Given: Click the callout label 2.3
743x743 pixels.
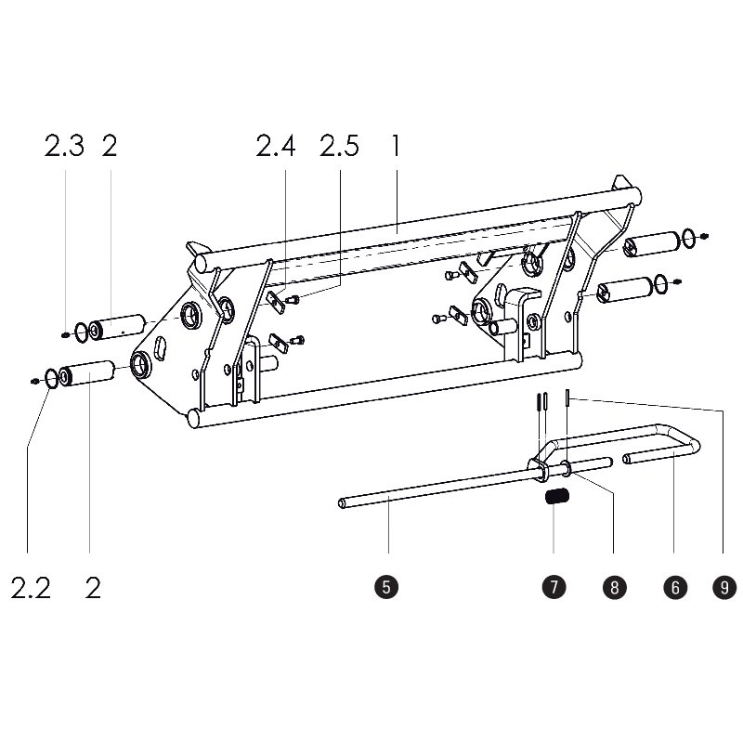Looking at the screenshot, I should tap(64, 147).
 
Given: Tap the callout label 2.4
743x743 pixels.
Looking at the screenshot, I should tap(276, 147).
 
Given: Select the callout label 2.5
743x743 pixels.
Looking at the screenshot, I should tap(339, 147).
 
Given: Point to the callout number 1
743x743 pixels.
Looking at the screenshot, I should tap(396, 147).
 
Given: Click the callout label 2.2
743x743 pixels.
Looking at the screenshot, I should tap(30, 588).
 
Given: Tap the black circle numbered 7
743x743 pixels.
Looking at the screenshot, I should tap(553, 587).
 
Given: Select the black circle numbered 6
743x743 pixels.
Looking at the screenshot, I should tap(674, 587).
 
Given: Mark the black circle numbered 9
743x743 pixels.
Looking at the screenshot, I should tap(723, 587).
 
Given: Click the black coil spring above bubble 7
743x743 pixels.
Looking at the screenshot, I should tap(556, 499).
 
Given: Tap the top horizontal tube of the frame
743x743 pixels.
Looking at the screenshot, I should tap(418, 223).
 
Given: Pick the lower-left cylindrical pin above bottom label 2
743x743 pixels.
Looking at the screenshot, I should tap(87, 373).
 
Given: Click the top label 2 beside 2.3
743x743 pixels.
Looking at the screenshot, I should tap(110, 147).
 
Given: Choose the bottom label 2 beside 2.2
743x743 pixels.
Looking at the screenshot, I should tap(92, 588).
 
